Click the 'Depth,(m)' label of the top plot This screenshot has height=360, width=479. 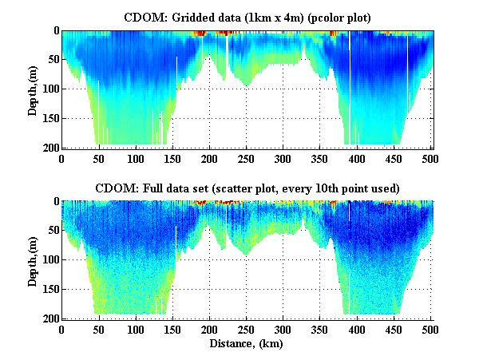pyautogui.click(x=33, y=89)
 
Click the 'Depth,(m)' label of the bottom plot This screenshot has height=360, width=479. pyautogui.click(x=33, y=260)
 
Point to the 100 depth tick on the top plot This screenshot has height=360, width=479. pyautogui.click(x=50, y=89)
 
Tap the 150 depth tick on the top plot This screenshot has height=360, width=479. pyautogui.click(x=50, y=119)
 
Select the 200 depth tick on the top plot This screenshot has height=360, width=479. pyautogui.click(x=50, y=148)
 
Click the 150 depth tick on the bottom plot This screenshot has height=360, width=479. pyautogui.click(x=50, y=289)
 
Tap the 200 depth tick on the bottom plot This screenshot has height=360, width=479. pyautogui.click(x=50, y=318)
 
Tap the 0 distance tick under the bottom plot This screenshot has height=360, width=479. pyautogui.click(x=62, y=329)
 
